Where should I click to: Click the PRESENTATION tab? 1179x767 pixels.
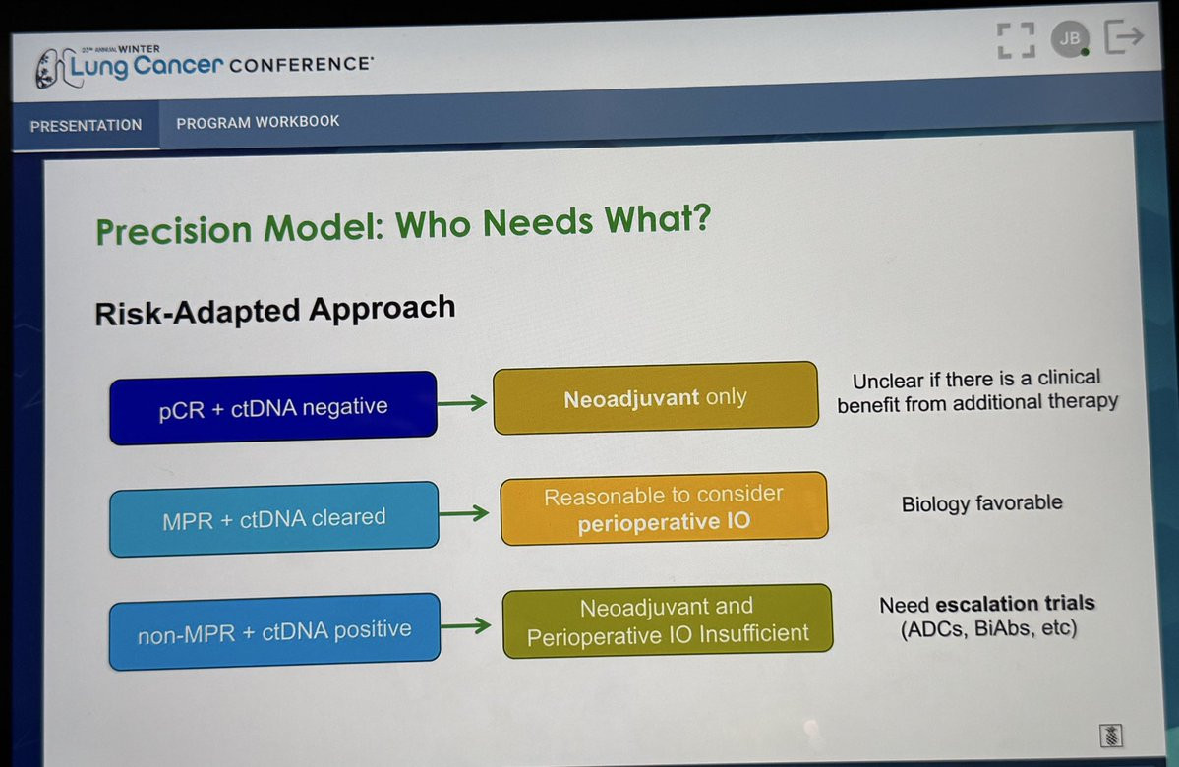tap(86, 126)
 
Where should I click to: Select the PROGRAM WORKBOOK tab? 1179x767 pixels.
tap(258, 122)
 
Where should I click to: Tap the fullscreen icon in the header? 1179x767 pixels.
tap(1016, 40)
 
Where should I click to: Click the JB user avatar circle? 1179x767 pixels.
tap(1070, 38)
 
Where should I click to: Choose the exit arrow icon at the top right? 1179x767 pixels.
tap(1124, 36)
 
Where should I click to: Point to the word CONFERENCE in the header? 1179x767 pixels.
tap(300, 65)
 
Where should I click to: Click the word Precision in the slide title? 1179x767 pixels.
tap(174, 229)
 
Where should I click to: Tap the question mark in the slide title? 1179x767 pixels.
tap(699, 217)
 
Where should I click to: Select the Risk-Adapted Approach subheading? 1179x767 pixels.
tap(275, 310)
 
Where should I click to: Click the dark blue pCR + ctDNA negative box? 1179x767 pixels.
tap(273, 407)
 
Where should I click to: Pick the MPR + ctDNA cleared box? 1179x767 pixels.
tap(273, 519)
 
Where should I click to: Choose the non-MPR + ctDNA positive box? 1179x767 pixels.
tap(274, 631)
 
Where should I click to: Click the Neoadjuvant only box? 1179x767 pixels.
tap(656, 398)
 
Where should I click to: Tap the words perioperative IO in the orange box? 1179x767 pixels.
tap(664, 522)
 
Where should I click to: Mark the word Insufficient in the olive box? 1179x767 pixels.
tap(754, 634)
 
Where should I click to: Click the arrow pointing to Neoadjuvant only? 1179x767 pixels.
tap(462, 403)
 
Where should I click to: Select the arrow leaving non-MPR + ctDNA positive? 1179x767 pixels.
tap(465, 624)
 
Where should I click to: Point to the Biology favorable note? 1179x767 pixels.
tap(982, 503)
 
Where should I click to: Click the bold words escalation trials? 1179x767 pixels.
tap(1015, 603)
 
